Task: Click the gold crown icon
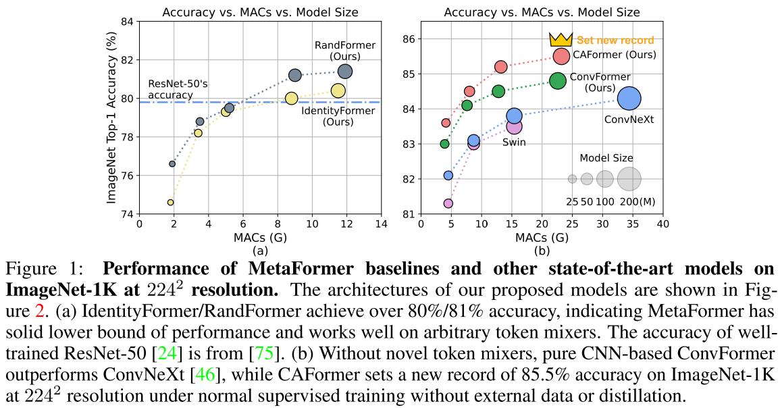(560, 40)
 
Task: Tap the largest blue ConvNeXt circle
(629, 99)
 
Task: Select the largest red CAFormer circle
(561, 57)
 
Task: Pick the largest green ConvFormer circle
(557, 81)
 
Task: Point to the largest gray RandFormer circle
(345, 72)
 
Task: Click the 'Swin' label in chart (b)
(514, 143)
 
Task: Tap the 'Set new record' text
(615, 41)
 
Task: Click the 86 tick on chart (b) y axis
(409, 39)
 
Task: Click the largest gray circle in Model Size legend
(629, 179)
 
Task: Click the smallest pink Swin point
(448, 203)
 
